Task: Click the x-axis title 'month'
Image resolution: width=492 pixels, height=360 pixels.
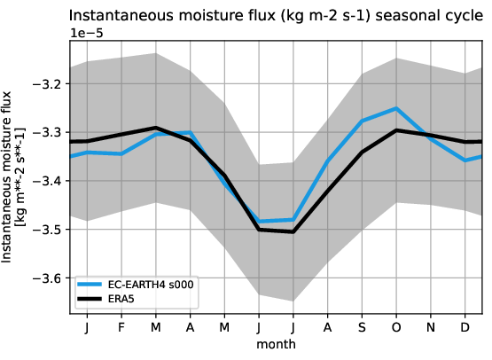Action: coord(276,343)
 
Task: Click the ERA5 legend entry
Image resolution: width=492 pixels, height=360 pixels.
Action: coord(123,300)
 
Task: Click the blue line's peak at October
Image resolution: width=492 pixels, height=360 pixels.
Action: coord(396,108)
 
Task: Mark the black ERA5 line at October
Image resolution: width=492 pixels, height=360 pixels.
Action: coord(396,130)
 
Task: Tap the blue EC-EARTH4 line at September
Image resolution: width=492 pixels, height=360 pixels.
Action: coord(362,121)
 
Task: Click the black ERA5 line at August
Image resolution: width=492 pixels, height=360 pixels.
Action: coord(327,191)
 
